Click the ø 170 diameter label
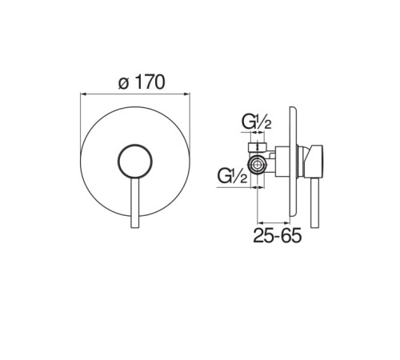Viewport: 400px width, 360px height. point(142,82)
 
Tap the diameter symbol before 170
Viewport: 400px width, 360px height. point(124,84)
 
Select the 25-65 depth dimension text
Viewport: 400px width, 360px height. point(277,235)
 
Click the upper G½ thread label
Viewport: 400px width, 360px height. point(256,122)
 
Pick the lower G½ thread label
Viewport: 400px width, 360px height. point(232,176)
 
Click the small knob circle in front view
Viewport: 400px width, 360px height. point(135,161)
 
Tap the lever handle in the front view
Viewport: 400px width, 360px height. point(135,202)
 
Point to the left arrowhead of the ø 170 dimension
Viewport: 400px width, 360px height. point(82,94)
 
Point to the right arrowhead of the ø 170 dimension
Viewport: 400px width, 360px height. point(187,94)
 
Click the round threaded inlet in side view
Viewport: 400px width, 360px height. point(257,165)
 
